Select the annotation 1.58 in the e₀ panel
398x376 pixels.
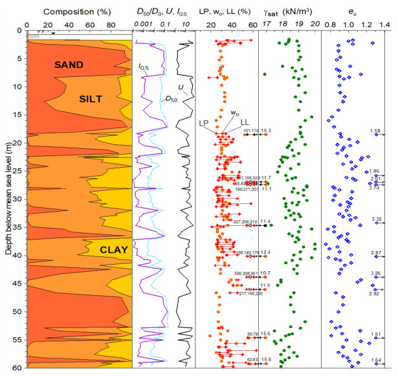tap(375, 131)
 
